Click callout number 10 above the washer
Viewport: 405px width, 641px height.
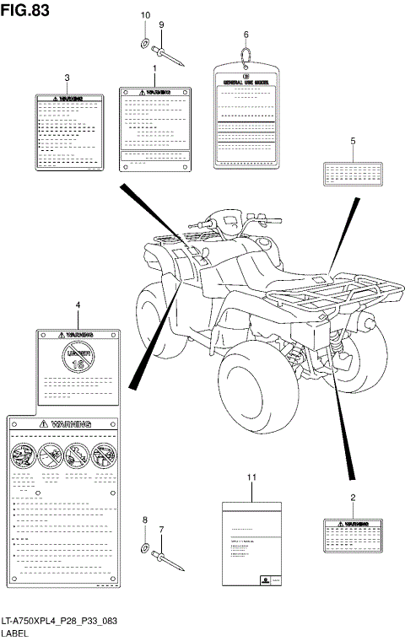tap(144, 16)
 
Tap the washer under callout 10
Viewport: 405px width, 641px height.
tap(144, 42)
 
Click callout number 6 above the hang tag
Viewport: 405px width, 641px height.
tap(246, 35)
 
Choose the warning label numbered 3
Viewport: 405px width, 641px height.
tap(71, 132)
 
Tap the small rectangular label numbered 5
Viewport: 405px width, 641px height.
tap(354, 174)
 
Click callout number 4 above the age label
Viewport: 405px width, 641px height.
tap(78, 304)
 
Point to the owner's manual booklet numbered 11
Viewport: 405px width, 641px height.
tap(251, 545)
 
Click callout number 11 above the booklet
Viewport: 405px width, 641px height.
tap(251, 478)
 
